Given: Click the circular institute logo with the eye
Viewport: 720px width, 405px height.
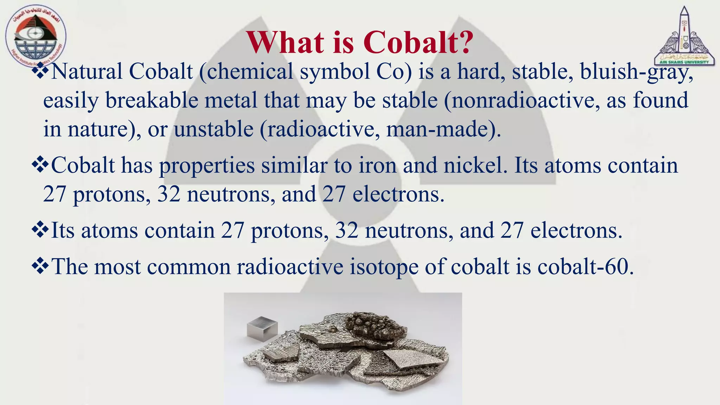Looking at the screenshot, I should [x=35, y=37].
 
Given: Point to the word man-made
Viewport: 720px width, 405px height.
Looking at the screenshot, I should [x=441, y=129].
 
